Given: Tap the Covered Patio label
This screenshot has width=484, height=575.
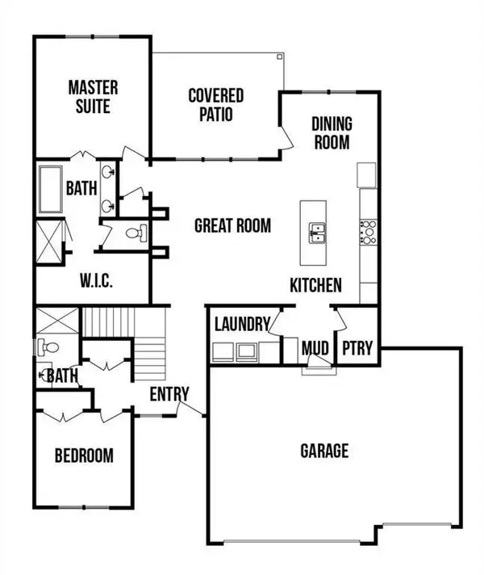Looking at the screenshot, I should pyautogui.click(x=216, y=105).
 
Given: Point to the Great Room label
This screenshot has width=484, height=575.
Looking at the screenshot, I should pyautogui.click(x=232, y=226).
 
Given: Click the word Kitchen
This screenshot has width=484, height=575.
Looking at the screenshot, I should pyautogui.click(x=316, y=285).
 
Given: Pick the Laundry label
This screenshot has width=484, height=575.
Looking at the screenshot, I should pyautogui.click(x=241, y=325).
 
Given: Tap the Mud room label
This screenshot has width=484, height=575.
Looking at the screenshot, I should pyautogui.click(x=315, y=349).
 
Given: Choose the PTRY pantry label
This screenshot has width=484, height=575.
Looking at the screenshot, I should pyautogui.click(x=357, y=349).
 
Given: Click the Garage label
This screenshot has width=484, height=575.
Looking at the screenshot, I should pyautogui.click(x=324, y=450).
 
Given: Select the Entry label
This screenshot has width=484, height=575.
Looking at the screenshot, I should pyautogui.click(x=169, y=394).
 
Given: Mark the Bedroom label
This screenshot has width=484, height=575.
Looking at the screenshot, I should pyautogui.click(x=84, y=455).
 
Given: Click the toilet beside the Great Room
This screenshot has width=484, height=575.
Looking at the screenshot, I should pyautogui.click(x=135, y=234).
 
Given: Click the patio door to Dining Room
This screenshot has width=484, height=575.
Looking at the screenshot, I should pyautogui.click(x=285, y=136).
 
